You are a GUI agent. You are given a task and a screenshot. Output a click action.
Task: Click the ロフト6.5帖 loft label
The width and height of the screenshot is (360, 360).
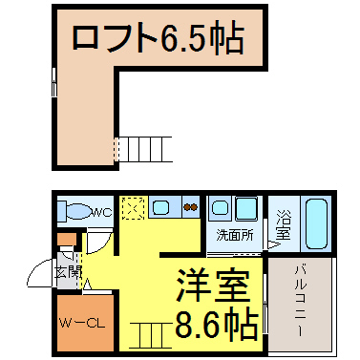159,38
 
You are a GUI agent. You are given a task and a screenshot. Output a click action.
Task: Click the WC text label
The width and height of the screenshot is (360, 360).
102,212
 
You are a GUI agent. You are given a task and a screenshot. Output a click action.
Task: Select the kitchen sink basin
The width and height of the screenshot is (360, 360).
160,207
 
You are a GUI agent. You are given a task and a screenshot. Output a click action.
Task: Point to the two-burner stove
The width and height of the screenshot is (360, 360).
190,207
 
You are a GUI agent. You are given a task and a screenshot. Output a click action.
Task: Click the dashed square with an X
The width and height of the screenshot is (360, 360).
134,208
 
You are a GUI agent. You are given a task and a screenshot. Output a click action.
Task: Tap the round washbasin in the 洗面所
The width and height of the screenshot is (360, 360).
220,207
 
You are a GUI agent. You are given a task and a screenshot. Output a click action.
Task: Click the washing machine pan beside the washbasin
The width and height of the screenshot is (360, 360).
246,208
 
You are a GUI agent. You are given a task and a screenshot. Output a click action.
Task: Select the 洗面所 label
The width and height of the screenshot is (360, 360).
235,235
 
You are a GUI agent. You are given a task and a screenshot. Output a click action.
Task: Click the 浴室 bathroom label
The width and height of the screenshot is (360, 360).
283,224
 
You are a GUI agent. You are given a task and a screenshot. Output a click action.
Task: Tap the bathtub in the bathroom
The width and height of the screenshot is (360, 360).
316,223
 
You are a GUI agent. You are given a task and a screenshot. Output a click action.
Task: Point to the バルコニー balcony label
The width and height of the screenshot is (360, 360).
300,301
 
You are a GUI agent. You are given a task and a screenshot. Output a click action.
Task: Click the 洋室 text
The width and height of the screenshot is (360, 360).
213,286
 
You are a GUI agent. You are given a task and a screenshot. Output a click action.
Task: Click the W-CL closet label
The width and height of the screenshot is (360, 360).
82,324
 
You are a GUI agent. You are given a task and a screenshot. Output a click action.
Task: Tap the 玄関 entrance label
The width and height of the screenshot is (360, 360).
68,272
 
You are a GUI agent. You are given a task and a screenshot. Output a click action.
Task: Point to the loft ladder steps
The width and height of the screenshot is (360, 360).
143,149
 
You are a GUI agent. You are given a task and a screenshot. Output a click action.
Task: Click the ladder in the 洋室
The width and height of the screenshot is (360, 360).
151,335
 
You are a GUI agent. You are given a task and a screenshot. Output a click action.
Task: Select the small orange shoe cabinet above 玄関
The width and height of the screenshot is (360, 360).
67,239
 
